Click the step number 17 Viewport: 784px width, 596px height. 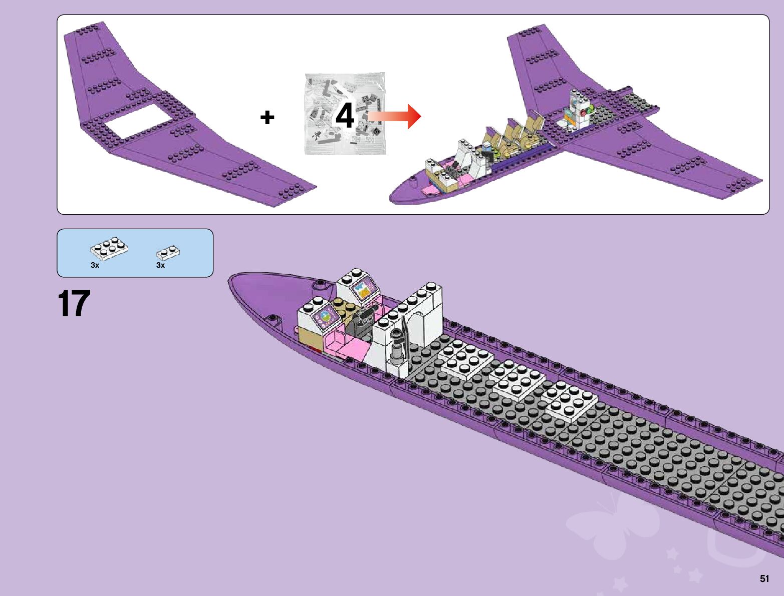coord(74,303)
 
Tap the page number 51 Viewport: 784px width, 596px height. coord(764,578)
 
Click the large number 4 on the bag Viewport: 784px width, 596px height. coord(345,116)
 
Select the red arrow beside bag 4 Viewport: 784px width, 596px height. coord(396,116)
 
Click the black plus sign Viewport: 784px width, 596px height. coord(268,118)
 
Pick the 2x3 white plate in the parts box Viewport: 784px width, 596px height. coord(109,248)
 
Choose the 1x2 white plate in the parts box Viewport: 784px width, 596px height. coord(168,252)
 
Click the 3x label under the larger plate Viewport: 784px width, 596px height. coord(95,265)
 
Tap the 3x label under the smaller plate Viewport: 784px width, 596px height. coord(160,265)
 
